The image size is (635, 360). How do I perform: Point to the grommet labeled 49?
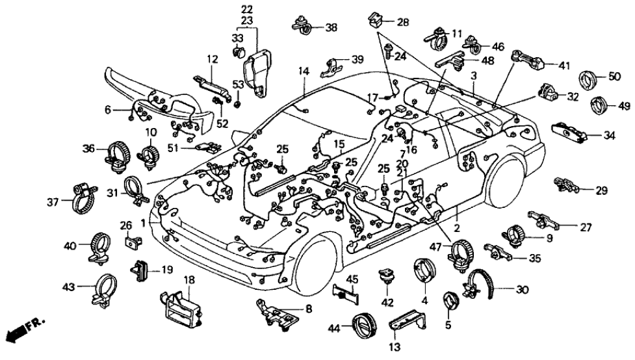pos(600,105)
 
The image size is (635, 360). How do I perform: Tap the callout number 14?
pos(303,70)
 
